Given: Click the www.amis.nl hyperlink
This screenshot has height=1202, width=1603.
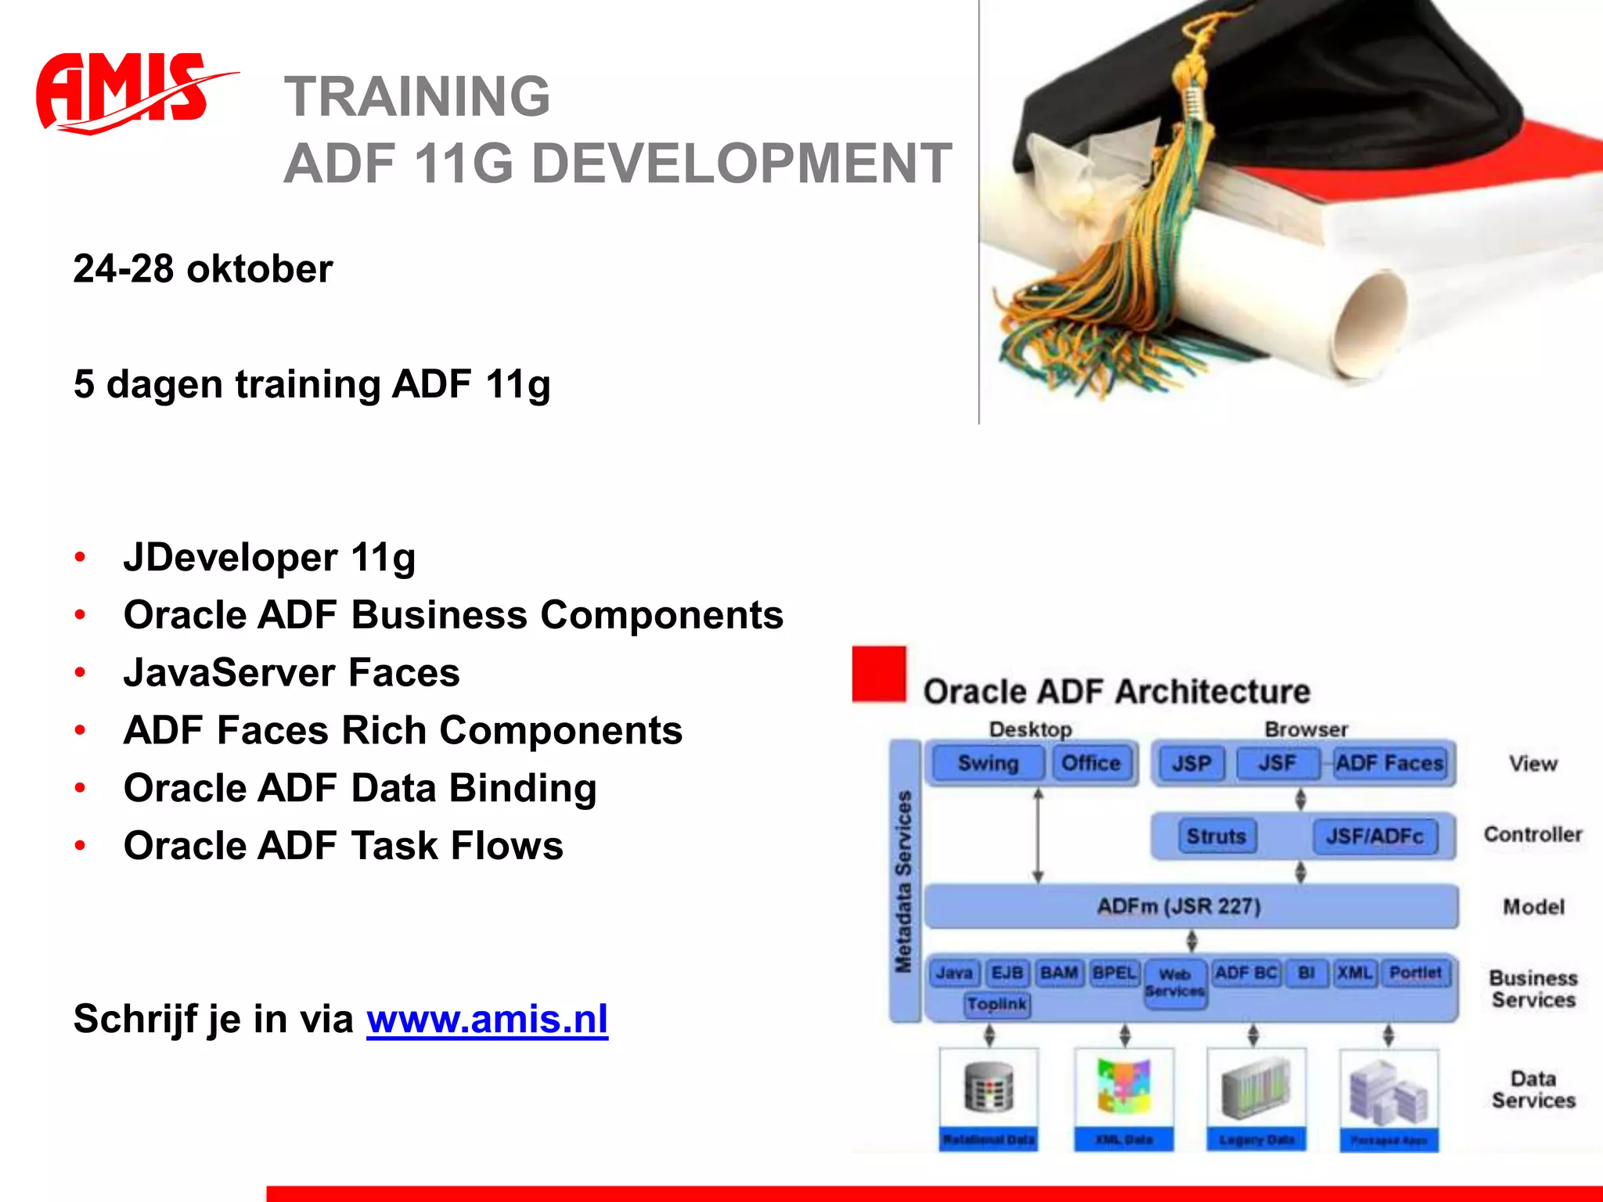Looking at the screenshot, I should (487, 1019).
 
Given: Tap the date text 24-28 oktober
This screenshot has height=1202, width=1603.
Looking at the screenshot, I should (203, 269).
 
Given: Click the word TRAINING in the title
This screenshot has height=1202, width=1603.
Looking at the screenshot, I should (417, 96).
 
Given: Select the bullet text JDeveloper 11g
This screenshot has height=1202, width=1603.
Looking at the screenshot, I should (269, 558).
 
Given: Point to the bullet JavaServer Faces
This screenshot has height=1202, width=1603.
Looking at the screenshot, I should (291, 673).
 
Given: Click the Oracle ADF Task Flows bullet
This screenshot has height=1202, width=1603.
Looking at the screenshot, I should (343, 846).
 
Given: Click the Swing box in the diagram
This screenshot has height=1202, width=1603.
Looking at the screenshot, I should (987, 763).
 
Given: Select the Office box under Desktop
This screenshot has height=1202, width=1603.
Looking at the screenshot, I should (1090, 763).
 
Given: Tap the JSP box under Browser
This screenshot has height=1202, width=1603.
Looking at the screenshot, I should (1191, 764).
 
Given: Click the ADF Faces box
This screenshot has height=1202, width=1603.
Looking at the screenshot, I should (1389, 763).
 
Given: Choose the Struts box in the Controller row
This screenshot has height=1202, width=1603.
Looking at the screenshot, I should (1216, 837).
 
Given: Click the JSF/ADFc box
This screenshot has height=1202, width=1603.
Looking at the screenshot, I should (1374, 837).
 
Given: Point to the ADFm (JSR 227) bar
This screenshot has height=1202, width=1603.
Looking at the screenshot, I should (1179, 906).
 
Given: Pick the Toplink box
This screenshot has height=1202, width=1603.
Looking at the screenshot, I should (996, 1004).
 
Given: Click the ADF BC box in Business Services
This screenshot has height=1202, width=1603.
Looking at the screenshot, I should (1245, 973).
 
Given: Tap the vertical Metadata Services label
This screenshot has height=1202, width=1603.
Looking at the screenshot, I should (904, 881).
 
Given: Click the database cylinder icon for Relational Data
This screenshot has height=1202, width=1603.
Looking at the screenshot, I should (989, 1088).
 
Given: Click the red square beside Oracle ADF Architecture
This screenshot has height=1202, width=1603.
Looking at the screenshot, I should (879, 673).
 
